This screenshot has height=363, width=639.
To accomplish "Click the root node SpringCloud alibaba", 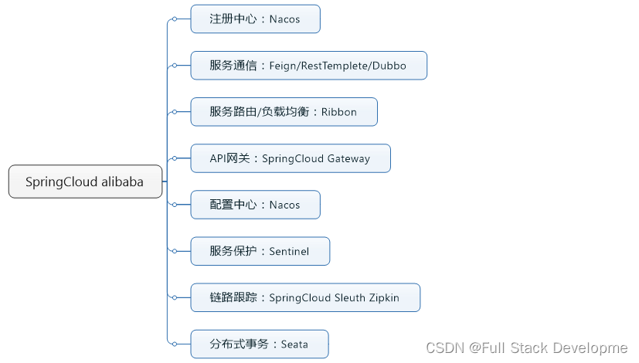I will click(85, 182).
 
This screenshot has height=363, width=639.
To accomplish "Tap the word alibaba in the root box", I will click(122, 182).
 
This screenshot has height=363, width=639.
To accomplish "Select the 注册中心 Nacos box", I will click(255, 19).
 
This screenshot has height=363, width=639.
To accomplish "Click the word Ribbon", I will click(339, 112).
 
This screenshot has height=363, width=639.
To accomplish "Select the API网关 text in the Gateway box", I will click(230, 158).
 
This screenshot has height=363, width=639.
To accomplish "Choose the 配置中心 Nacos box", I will click(255, 205).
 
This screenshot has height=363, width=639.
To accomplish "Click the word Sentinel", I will click(290, 251).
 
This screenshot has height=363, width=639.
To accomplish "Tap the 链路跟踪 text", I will click(234, 297).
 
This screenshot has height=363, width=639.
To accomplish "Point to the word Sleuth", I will click(351, 297).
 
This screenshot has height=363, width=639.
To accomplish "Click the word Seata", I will click(294, 344).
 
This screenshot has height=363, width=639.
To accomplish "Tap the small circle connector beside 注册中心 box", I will click(175, 19).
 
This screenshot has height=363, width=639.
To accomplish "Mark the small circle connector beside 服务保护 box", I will click(175, 251).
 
